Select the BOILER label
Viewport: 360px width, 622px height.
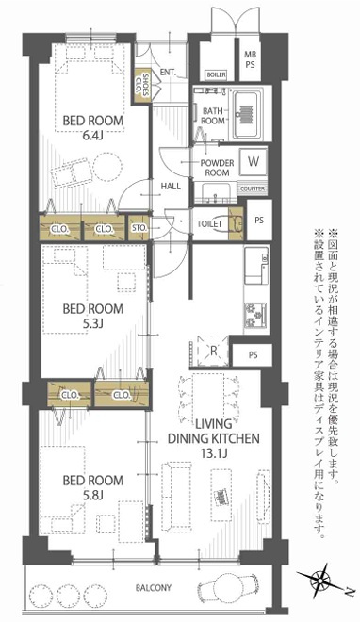click(216, 74)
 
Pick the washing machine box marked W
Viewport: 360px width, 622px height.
click(254, 161)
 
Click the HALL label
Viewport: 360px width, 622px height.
click(170, 187)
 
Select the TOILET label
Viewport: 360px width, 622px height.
click(208, 223)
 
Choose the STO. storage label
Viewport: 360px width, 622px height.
click(139, 227)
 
